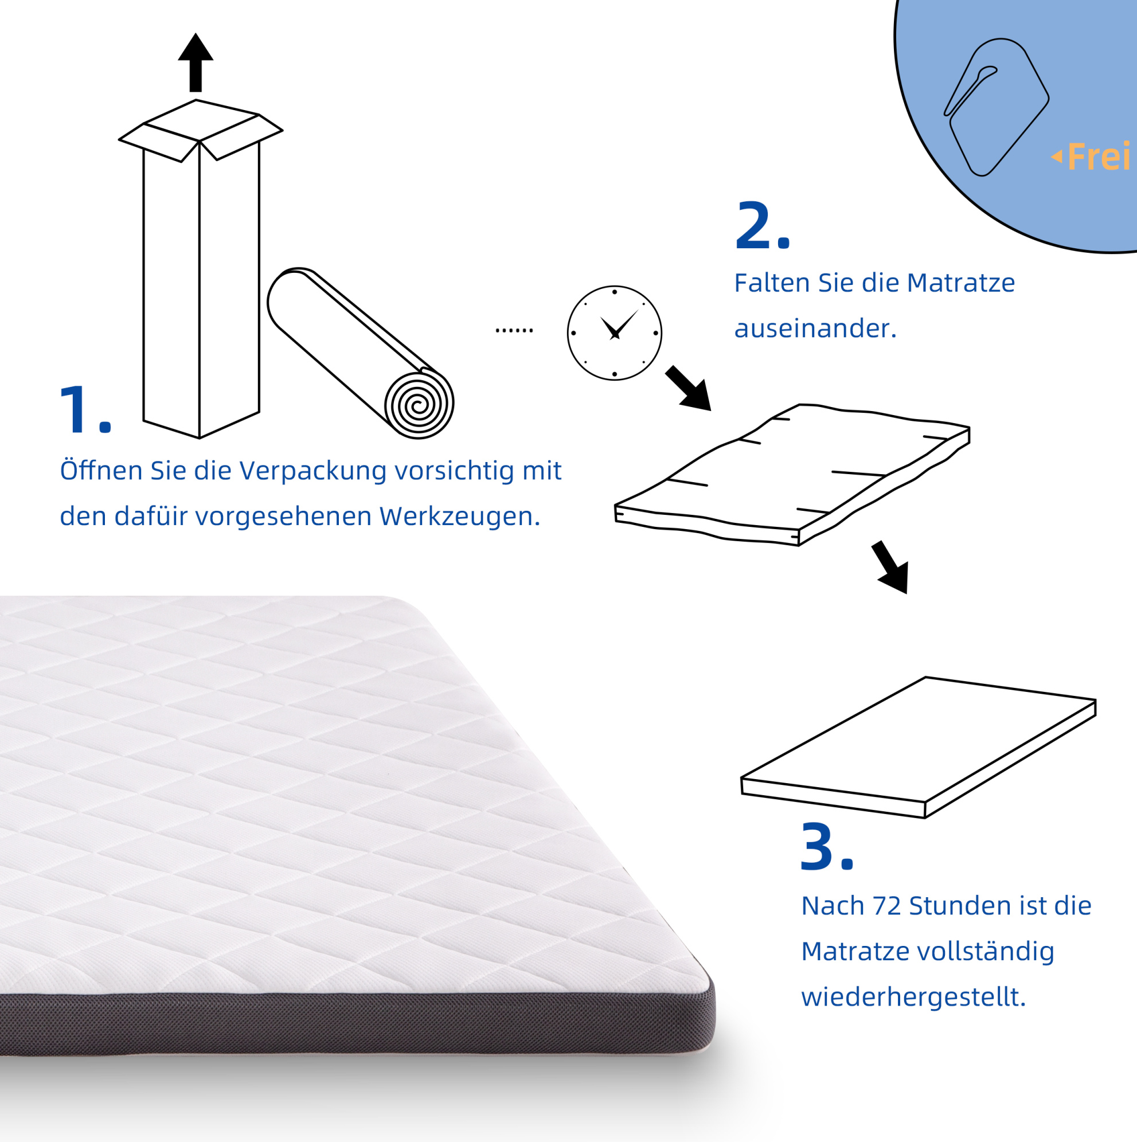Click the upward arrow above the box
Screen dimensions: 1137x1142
(196, 62)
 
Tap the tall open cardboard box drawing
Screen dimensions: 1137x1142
(201, 269)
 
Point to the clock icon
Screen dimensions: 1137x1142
(614, 333)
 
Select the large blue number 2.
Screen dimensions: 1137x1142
(762, 225)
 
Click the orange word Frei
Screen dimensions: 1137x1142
(1099, 157)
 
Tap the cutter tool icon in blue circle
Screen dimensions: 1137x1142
(997, 107)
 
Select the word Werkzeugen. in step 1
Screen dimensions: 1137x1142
(459, 516)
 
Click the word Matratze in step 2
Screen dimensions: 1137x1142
(961, 283)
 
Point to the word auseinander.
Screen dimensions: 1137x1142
(815, 328)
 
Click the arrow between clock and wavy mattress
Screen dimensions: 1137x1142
(689, 388)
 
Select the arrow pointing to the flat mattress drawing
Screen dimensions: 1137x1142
(890, 567)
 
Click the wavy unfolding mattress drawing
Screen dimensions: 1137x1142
(792, 475)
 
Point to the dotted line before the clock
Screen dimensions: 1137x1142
(514, 330)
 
